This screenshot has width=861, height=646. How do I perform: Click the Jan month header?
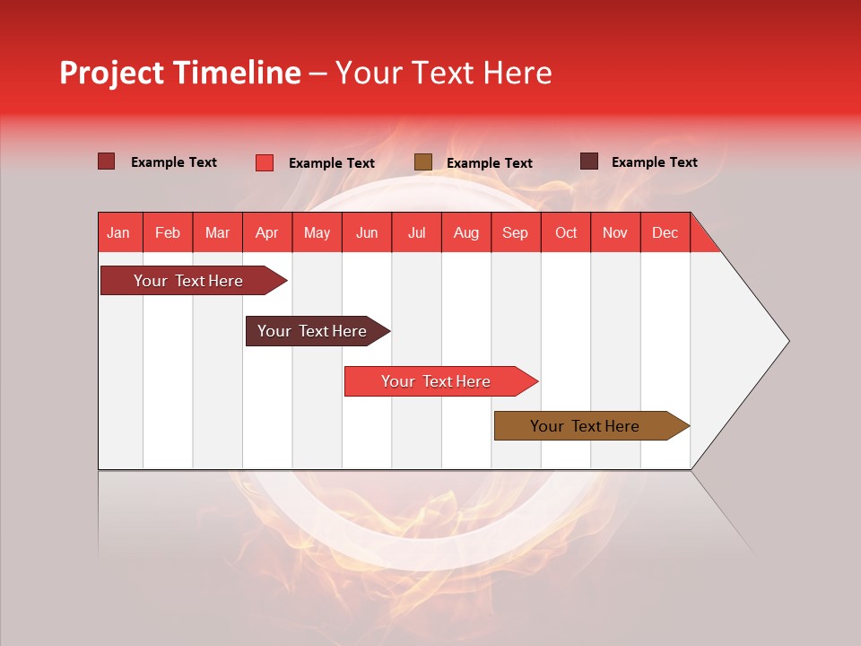[118, 233]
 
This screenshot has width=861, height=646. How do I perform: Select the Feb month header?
[168, 233]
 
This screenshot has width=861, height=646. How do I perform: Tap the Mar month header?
[217, 233]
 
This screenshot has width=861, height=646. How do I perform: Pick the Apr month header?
[266, 233]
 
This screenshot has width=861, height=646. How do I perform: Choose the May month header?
[317, 233]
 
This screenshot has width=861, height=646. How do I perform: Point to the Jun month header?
[367, 233]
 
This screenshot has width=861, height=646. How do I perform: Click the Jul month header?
[416, 233]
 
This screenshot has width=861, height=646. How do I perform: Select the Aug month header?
[465, 233]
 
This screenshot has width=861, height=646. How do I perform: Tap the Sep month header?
[515, 233]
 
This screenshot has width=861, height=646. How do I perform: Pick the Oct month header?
[566, 233]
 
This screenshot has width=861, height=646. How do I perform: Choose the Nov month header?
[615, 233]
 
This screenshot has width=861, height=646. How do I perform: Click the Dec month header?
[665, 233]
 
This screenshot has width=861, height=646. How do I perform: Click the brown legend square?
[423, 162]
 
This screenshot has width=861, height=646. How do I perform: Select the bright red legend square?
[265, 162]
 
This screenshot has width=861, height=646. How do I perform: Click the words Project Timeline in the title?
[180, 73]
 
